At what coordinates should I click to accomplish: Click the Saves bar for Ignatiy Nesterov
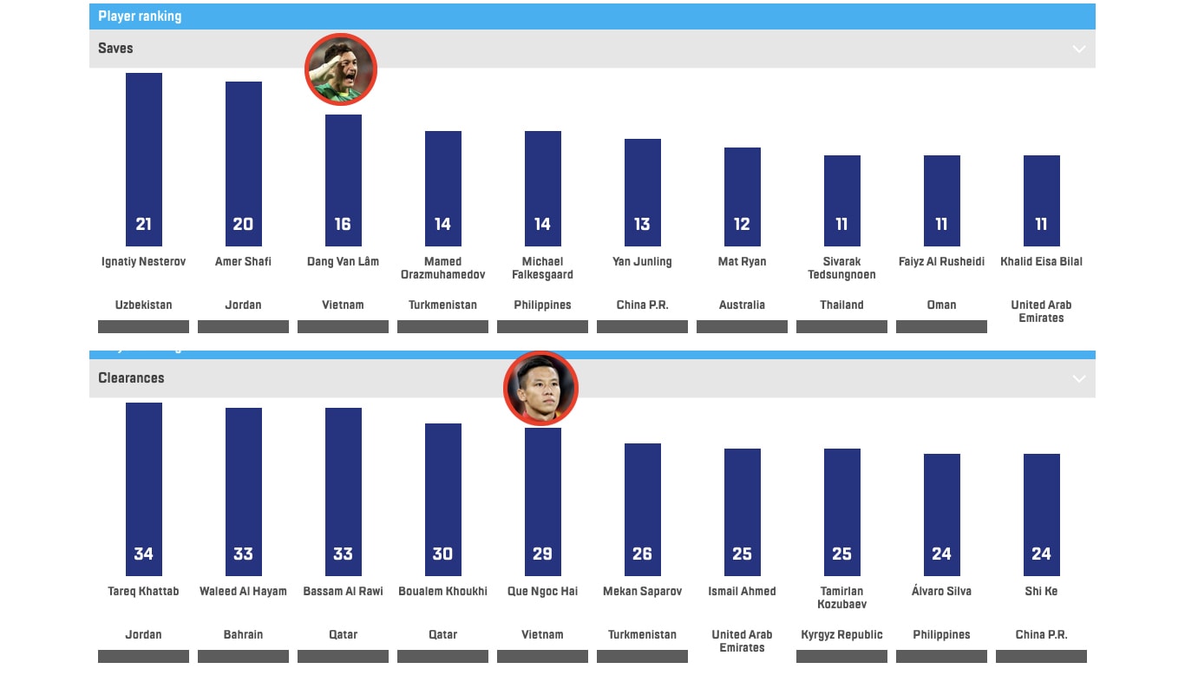tap(144, 156)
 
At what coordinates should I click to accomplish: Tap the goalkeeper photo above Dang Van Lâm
tap(341, 69)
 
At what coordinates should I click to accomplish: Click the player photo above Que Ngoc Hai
tap(540, 389)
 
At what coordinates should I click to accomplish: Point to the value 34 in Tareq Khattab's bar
tap(144, 554)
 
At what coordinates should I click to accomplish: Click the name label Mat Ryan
tap(742, 261)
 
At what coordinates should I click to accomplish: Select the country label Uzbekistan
tap(144, 305)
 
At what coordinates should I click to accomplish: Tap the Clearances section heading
tap(131, 378)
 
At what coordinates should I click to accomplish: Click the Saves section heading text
tap(115, 49)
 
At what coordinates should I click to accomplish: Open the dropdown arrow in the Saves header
tap(1078, 49)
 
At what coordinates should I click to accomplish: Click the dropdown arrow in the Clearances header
tap(1078, 378)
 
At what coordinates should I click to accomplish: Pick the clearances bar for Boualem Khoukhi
tap(443, 495)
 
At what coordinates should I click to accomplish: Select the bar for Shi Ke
tap(1042, 512)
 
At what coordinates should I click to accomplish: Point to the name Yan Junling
tap(642, 261)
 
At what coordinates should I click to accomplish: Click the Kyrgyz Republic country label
tap(841, 634)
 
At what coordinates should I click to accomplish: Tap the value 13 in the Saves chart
tap(642, 224)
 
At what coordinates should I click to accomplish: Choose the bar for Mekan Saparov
tap(643, 503)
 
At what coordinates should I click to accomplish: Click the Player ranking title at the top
tap(140, 16)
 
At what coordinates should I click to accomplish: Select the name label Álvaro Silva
tap(941, 591)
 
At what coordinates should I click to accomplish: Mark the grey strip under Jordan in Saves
tap(244, 327)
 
